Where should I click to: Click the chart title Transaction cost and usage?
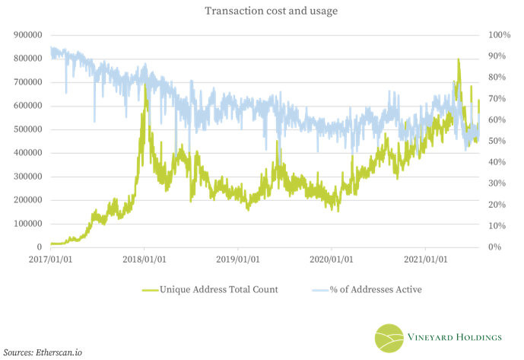point(262,11)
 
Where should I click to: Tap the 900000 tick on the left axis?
point(25,35)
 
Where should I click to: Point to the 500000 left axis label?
point(25,129)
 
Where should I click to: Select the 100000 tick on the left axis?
point(25,224)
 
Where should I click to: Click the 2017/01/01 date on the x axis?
point(50,260)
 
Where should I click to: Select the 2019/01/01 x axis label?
point(238,260)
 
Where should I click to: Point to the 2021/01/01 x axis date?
point(425,260)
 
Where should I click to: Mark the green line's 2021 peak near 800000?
point(458,59)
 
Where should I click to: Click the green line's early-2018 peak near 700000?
point(145,85)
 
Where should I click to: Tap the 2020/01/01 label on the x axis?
point(332,260)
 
